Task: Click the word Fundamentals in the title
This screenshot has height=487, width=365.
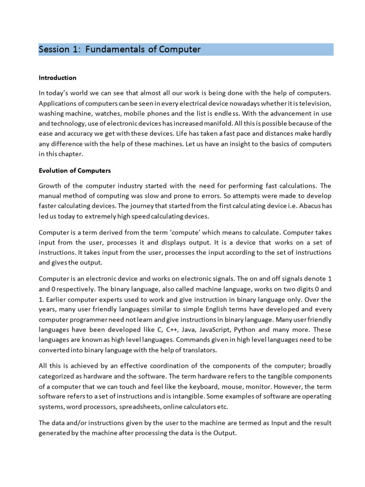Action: [x=121, y=49]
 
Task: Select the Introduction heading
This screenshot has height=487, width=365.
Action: [x=58, y=78]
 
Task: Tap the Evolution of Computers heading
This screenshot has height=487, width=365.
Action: [x=75, y=170]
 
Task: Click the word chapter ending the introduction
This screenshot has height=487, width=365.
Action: [x=72, y=154]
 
